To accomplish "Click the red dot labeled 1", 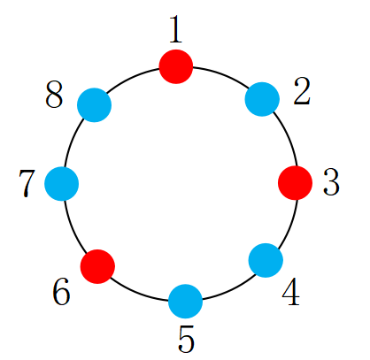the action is [x=176, y=66].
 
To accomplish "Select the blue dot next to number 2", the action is [x=262, y=99].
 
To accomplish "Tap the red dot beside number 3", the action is [x=295, y=183].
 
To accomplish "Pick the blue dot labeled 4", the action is [x=266, y=260].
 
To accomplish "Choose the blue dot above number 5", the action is [x=185, y=302].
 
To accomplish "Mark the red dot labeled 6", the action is [x=97, y=266].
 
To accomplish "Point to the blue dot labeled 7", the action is [x=61, y=184].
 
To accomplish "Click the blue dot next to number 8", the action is [x=94, y=105].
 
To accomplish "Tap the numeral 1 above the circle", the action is [x=176, y=29].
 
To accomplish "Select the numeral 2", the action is [x=302, y=91].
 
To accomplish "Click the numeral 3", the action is [x=331, y=182].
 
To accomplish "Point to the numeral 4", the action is [x=291, y=292].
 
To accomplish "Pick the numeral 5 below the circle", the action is [x=186, y=339].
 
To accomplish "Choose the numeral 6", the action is [x=61, y=292].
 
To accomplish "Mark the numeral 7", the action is [x=27, y=183].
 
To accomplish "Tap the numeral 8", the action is [x=54, y=95].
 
